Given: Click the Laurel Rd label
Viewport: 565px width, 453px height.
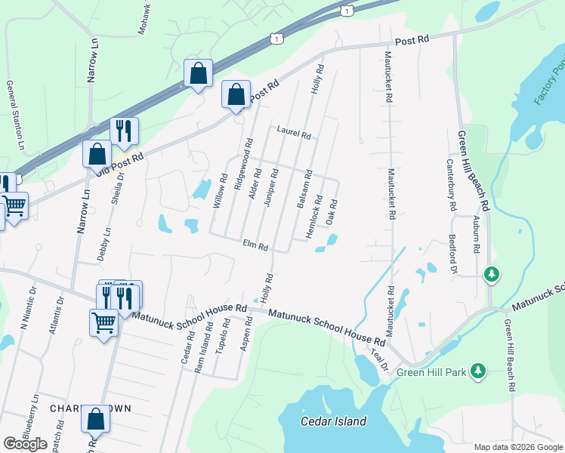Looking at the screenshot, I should [x=294, y=134].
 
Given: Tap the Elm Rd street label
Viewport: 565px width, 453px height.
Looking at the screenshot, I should [x=255, y=246].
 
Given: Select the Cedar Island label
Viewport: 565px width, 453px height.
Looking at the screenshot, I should [x=332, y=421].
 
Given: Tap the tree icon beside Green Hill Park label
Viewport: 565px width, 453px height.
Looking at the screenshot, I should [x=477, y=371].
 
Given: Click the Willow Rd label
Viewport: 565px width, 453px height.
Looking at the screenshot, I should [x=221, y=192].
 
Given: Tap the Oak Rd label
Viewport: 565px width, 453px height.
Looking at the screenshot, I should [x=331, y=211].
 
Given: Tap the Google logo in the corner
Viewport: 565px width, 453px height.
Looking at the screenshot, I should [x=25, y=444].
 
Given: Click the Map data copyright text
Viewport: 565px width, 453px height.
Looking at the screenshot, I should [x=517, y=447].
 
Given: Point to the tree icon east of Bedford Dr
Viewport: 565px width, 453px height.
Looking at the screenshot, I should [x=492, y=273].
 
